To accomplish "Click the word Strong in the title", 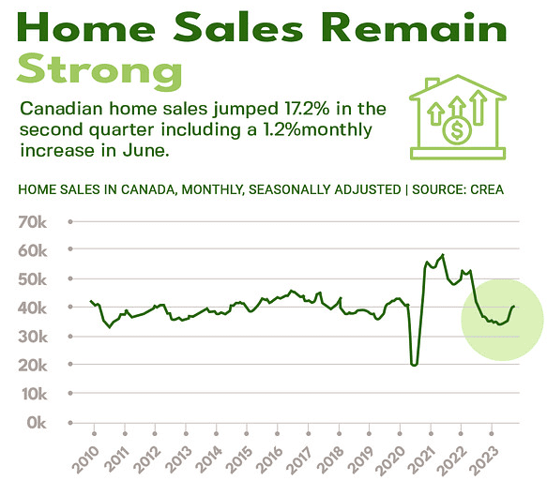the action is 99,71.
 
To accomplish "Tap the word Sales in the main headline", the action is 238,27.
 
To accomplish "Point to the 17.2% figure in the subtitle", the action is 307,109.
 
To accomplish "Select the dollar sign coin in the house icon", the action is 457,130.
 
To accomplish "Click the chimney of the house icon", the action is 432,83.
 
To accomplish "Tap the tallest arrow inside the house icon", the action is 478,107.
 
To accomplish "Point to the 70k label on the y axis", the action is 32,222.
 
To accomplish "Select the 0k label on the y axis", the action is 37,423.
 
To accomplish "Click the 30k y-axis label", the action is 33,337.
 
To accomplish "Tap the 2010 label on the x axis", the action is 85,460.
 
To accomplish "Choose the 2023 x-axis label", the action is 483,460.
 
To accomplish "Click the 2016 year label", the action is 269,460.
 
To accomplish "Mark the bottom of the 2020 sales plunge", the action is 414,365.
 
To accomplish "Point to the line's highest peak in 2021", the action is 443,255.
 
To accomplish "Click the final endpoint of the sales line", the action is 513,306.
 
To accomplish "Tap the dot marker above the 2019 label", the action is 369,433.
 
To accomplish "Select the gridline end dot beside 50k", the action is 70,278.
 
